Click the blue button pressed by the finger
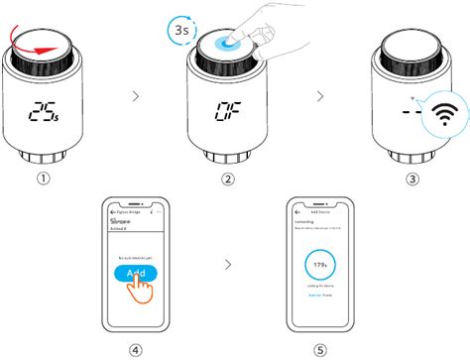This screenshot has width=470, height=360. [x=231, y=42]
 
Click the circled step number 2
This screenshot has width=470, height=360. [x=229, y=180]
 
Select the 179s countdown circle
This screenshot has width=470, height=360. [x=320, y=267]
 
